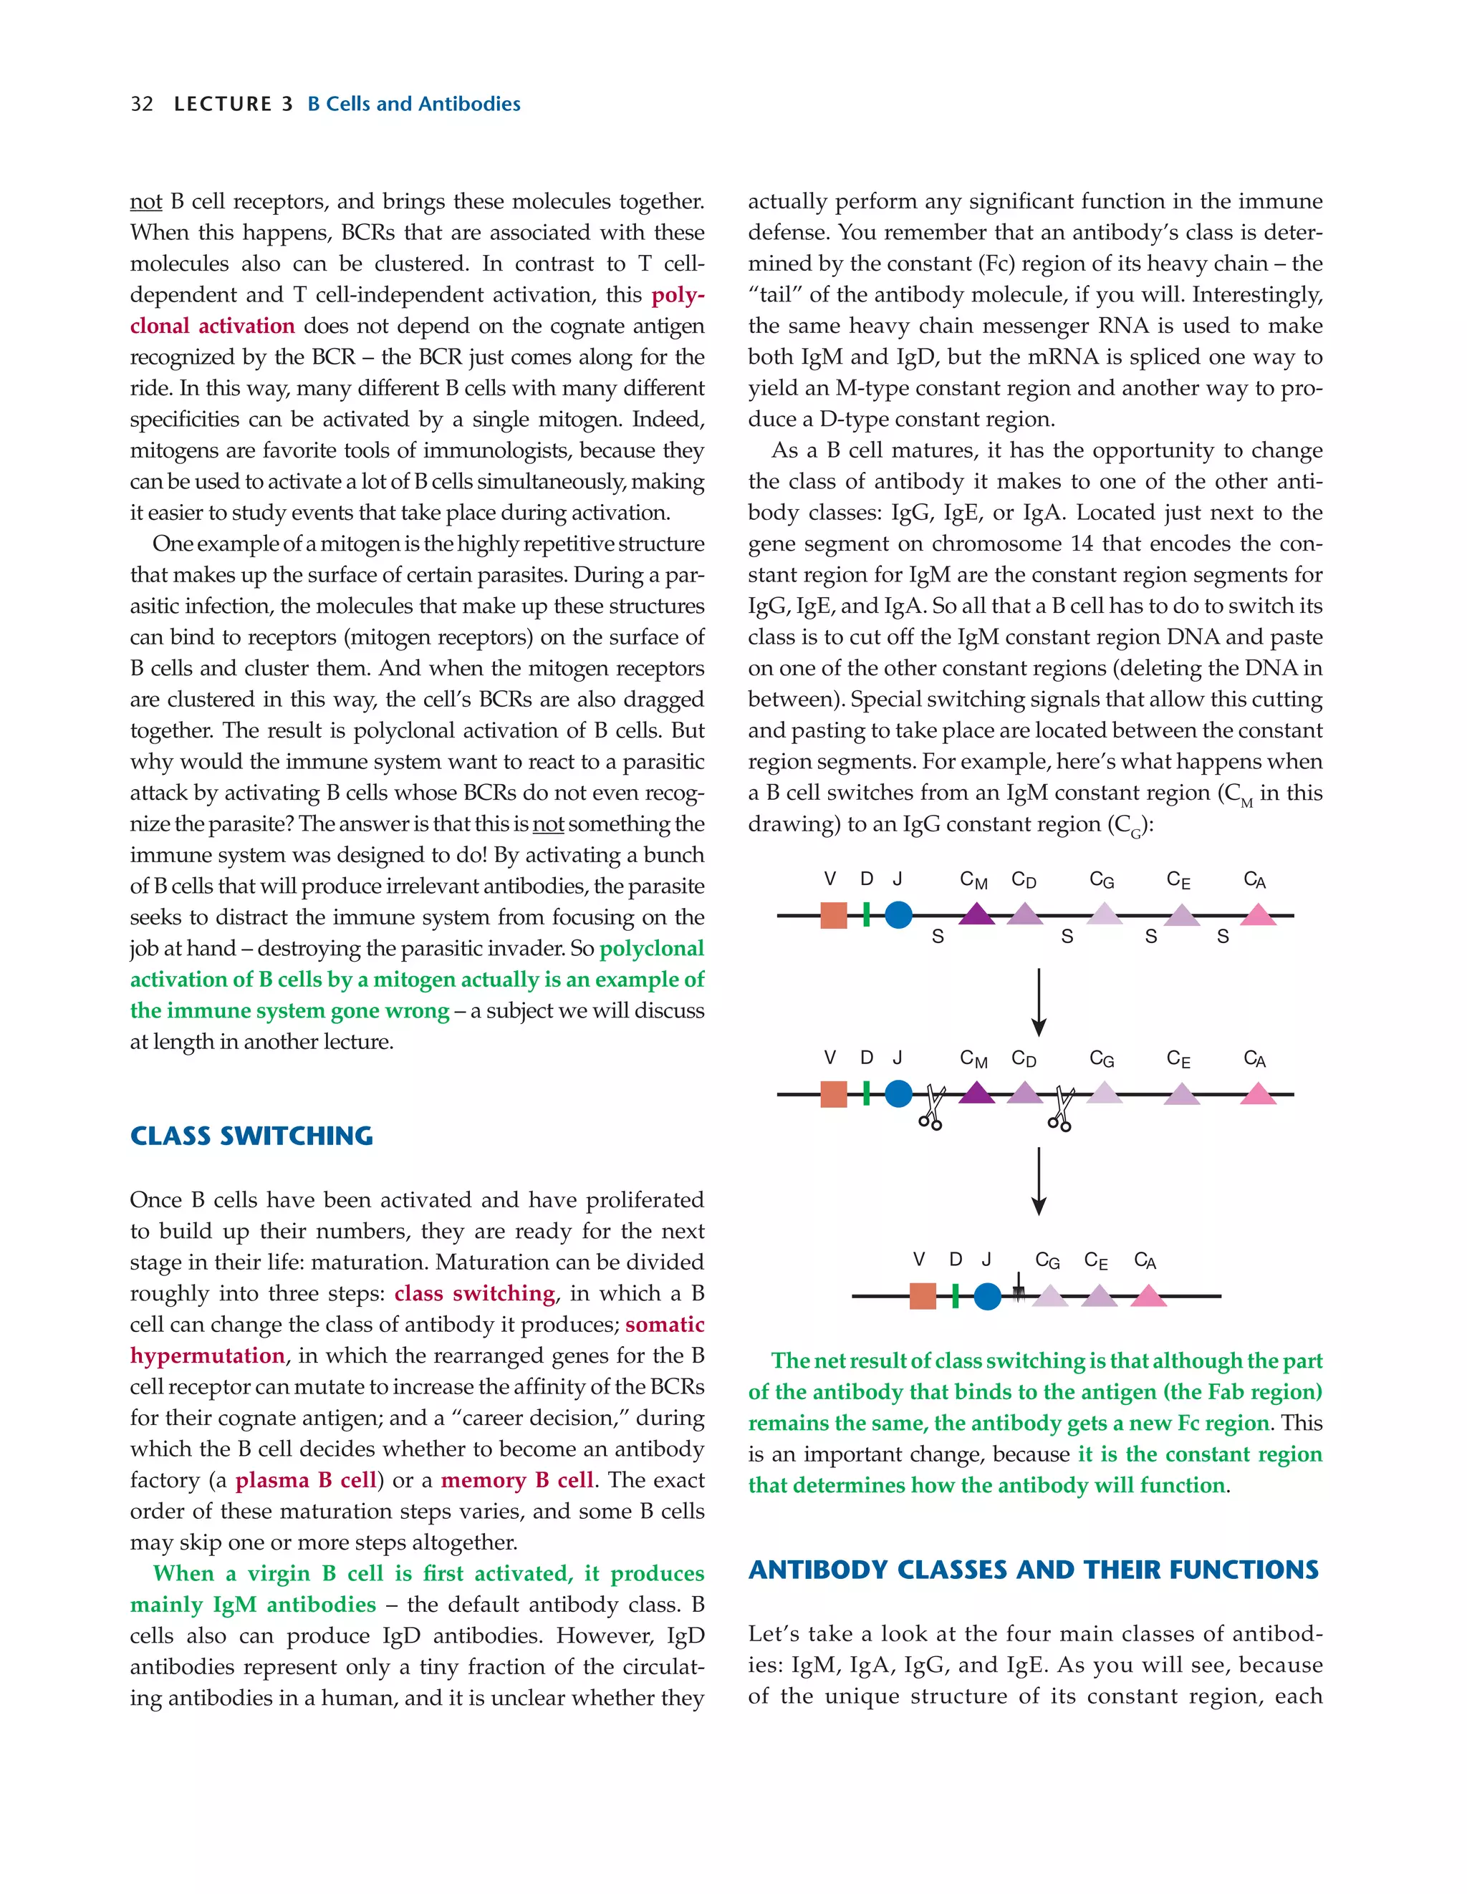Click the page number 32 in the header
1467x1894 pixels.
point(141,104)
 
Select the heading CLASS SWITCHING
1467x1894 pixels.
point(251,1136)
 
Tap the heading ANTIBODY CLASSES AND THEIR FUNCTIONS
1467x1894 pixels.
point(1033,1570)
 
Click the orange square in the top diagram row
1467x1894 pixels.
point(834,916)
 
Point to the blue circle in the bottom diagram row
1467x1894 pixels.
point(987,1297)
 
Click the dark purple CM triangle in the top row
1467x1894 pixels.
point(977,914)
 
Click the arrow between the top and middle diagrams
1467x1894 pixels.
point(1039,1002)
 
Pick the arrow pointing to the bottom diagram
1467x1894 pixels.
point(1039,1181)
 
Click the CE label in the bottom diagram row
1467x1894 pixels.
point(1096,1261)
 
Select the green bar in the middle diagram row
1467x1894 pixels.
point(867,1093)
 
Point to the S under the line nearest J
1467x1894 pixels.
point(938,937)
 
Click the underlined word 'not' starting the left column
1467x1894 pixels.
point(145,202)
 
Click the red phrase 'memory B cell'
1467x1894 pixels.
point(517,1480)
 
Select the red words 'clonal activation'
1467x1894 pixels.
point(213,326)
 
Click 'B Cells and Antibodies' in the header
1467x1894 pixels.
point(414,104)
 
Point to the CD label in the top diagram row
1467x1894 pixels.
point(1024,880)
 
